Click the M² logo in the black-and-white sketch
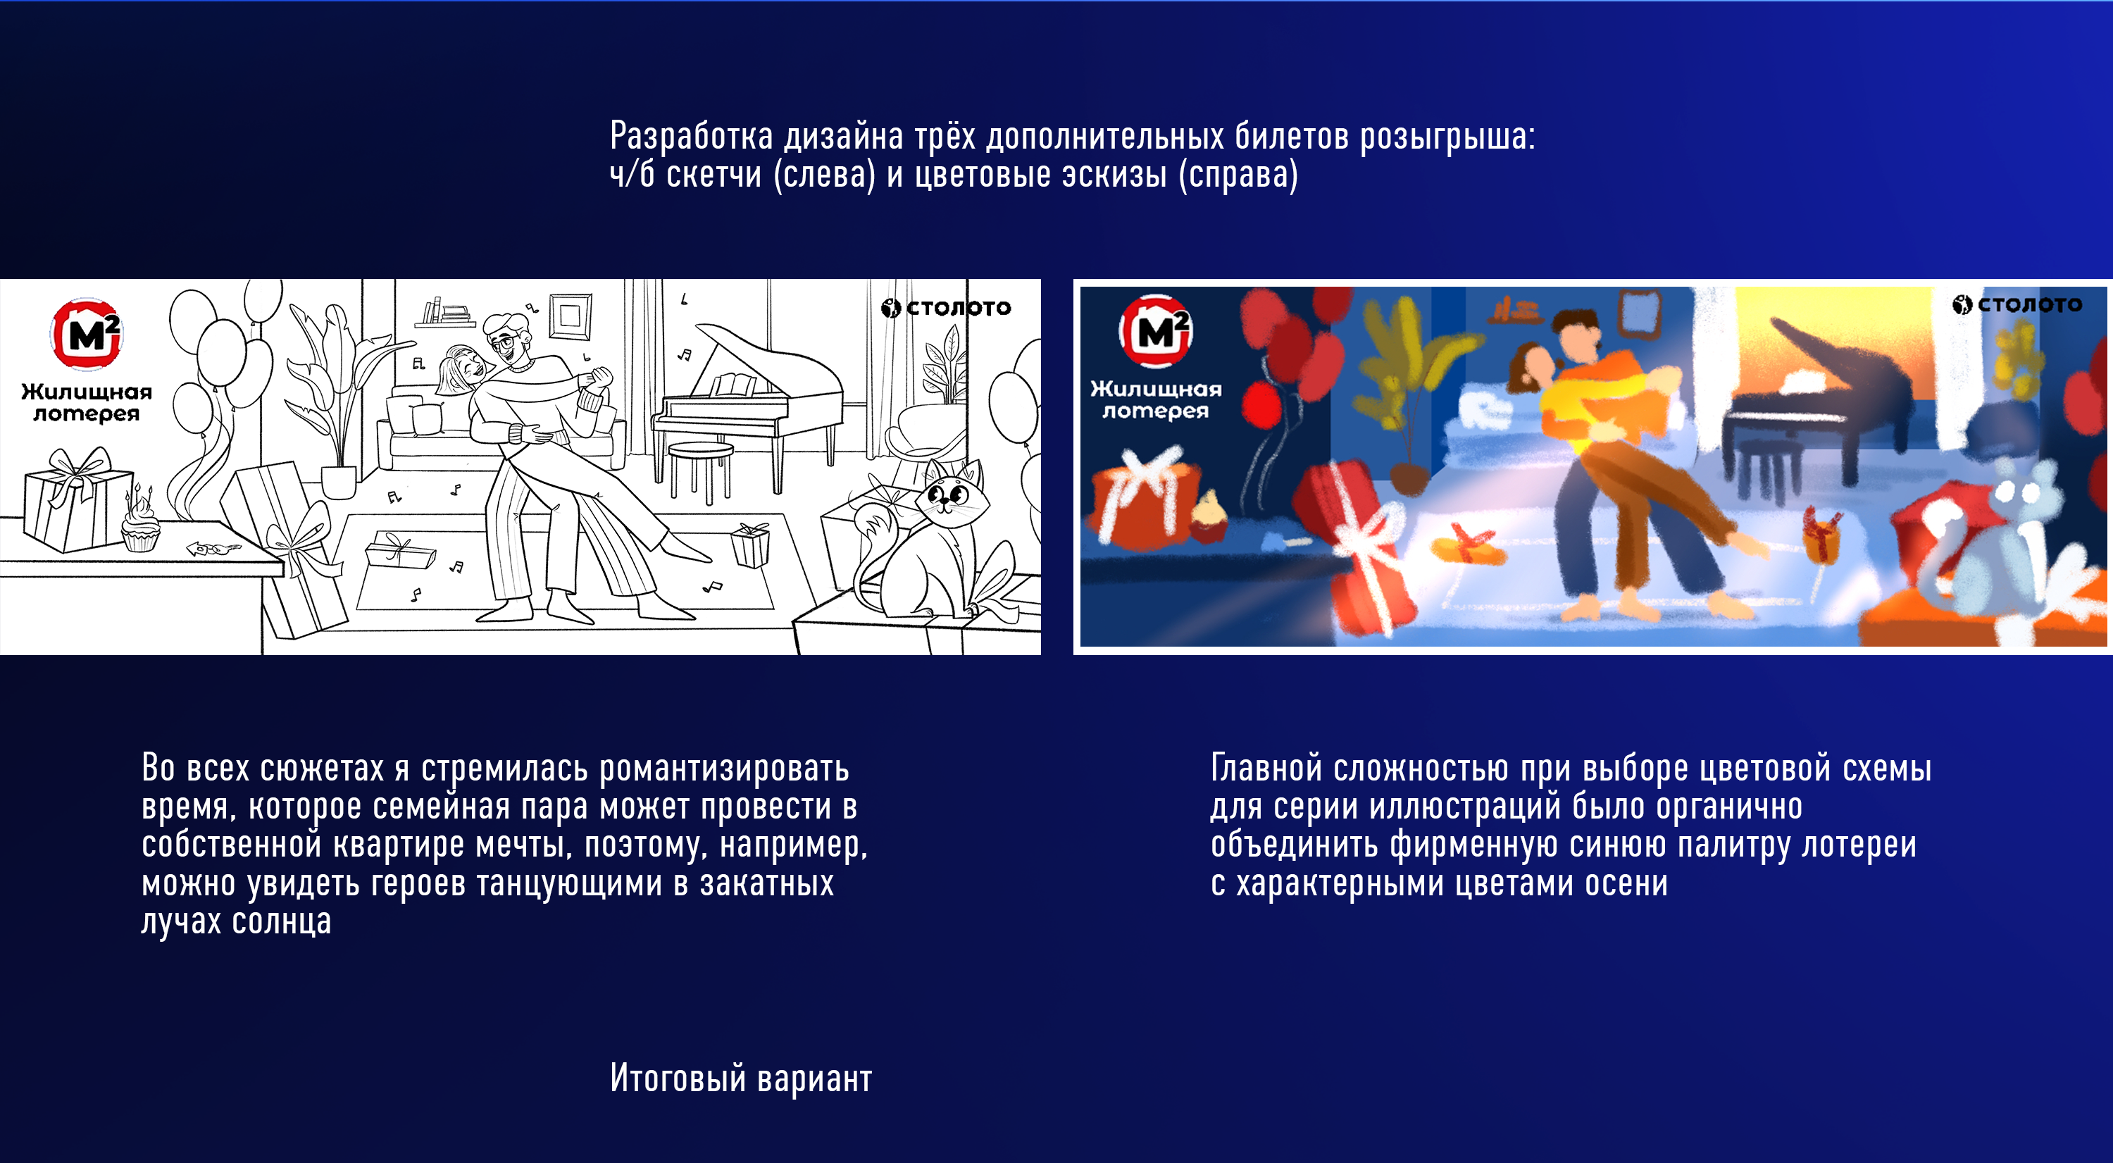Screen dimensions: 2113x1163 click(87, 335)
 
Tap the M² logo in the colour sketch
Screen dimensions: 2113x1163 click(1156, 331)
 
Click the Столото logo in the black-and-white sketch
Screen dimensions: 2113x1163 click(946, 308)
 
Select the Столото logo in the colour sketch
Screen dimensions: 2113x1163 click(2017, 304)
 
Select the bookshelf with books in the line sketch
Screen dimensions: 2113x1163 click(444, 313)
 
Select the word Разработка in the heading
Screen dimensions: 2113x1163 click(692, 136)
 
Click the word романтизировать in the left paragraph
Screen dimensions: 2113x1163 click(724, 769)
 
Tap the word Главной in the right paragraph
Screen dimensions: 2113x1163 click(1266, 769)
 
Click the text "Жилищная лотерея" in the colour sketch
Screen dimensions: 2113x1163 click(1156, 399)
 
